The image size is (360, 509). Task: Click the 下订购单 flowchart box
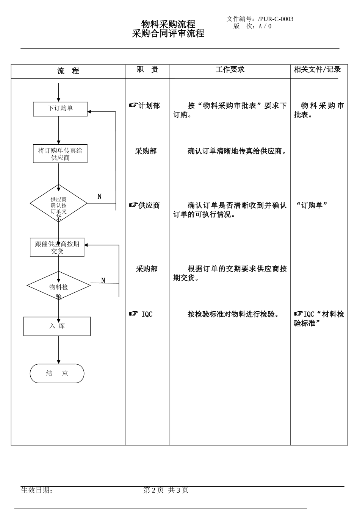pos(60,109)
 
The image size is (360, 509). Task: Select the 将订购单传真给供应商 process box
pos(60,154)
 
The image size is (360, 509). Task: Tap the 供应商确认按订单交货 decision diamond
pos(59,204)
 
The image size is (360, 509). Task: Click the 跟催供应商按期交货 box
pos(57,247)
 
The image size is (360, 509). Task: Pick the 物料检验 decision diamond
pos(59,286)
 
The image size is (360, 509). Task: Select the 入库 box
pos(57,326)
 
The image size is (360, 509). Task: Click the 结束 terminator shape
pos(57,373)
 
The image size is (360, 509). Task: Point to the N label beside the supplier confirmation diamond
pos(100,197)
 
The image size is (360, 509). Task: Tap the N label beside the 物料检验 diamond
pos(103,281)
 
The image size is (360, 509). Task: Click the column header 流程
pos(68,71)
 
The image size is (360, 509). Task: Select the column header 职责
pos(147,70)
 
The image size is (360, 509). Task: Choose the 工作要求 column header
pos(230,69)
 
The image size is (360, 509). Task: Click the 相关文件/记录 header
pos(317,69)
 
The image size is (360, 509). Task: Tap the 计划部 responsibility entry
pos(145,106)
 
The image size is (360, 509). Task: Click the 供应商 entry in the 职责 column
pos(145,205)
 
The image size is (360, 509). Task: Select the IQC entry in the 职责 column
pos(142,314)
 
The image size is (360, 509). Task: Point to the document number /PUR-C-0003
pos(275,19)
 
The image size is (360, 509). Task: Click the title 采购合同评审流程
pos(168,34)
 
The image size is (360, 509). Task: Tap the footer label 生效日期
pos(37,490)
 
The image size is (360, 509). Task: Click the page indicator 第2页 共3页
pos(166,490)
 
